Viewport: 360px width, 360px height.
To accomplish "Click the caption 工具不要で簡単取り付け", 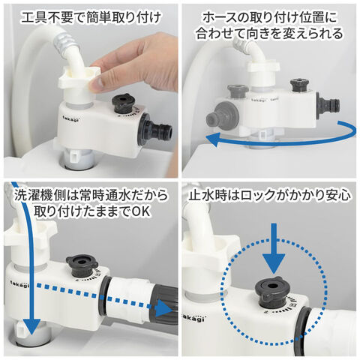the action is (x=91, y=18).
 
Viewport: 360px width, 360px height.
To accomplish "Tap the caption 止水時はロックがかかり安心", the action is (x=269, y=196).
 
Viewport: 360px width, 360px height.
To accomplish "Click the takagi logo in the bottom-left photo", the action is (x=19, y=283).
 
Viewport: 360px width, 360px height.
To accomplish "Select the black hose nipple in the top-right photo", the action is (x=328, y=105).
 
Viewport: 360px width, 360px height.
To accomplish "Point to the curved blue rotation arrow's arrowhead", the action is (x=212, y=140).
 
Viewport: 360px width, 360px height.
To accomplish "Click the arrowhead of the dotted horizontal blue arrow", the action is (x=163, y=310).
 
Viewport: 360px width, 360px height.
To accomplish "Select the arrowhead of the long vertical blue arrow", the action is (x=31, y=325).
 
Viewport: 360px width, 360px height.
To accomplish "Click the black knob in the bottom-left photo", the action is (x=82, y=268).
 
